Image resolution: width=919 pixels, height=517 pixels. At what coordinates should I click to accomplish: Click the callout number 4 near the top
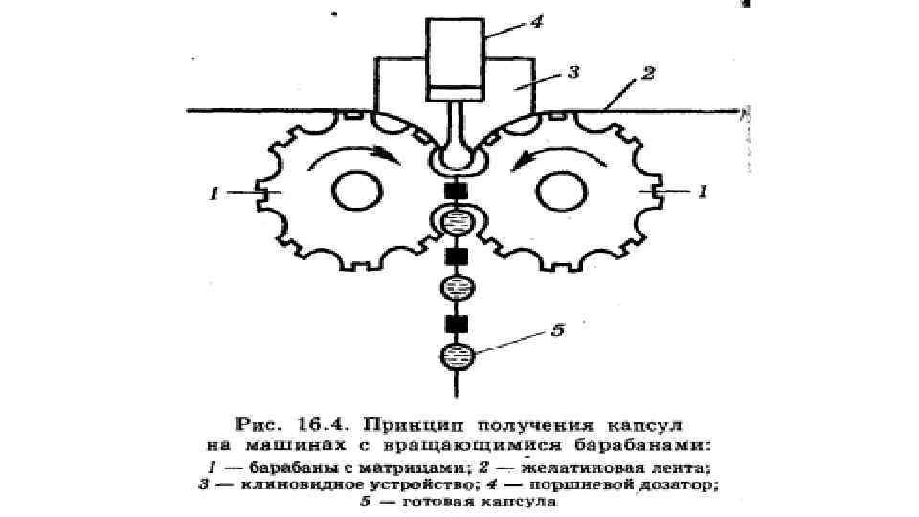click(x=537, y=21)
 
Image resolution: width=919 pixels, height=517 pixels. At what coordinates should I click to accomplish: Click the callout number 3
click(x=572, y=72)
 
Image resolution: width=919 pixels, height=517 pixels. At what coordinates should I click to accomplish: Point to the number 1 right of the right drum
click(x=704, y=192)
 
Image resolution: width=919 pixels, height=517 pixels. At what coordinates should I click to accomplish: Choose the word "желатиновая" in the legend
click(x=587, y=467)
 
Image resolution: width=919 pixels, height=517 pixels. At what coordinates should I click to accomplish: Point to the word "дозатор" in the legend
click(x=686, y=485)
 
